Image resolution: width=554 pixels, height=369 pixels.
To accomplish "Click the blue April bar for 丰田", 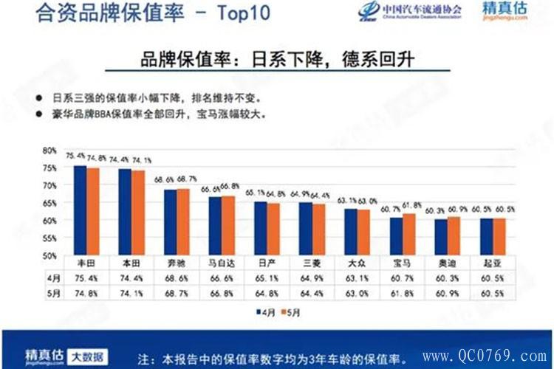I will point(80,210).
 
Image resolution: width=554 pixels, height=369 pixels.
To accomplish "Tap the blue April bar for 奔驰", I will point(170,222).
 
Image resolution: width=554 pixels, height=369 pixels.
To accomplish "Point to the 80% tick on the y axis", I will point(49,150).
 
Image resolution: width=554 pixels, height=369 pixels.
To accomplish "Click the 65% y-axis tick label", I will point(49,203).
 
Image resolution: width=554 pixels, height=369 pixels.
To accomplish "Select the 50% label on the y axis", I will point(49,255).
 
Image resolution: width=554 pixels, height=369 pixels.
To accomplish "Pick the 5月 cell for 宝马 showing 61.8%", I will point(403,294).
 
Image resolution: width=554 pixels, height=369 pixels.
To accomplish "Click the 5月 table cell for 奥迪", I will point(446,294).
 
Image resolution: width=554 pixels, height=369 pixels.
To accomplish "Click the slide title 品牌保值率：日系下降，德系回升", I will point(277,61).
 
